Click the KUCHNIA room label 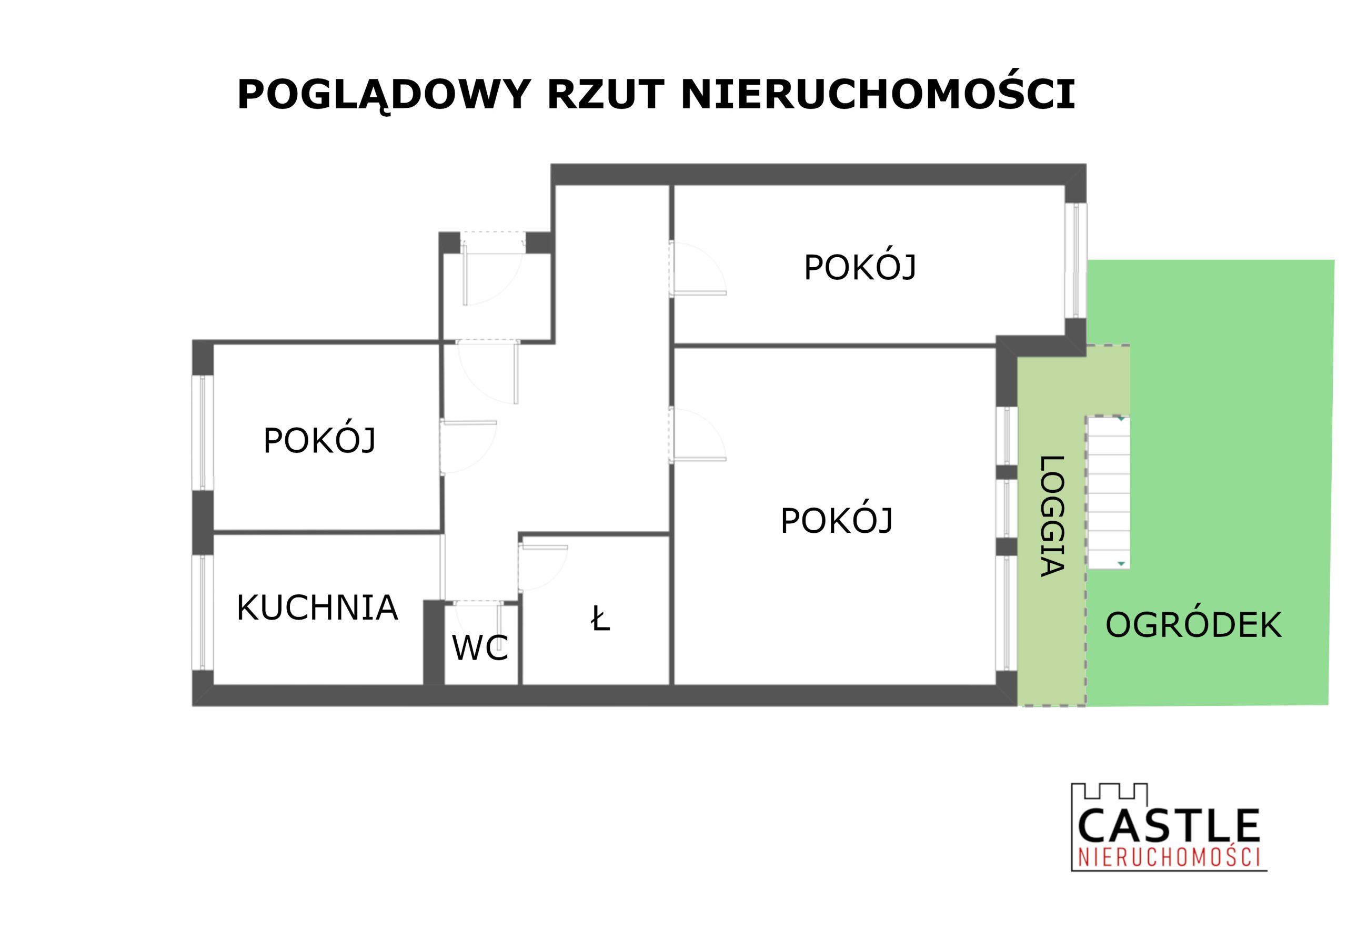tap(317, 607)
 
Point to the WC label tap(480, 648)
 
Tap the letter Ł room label tap(600, 620)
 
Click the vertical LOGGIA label tap(1052, 516)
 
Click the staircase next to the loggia tap(1108, 493)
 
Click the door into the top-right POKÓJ tap(698, 269)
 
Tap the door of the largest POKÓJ tap(698, 434)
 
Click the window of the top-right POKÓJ tap(1076, 260)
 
